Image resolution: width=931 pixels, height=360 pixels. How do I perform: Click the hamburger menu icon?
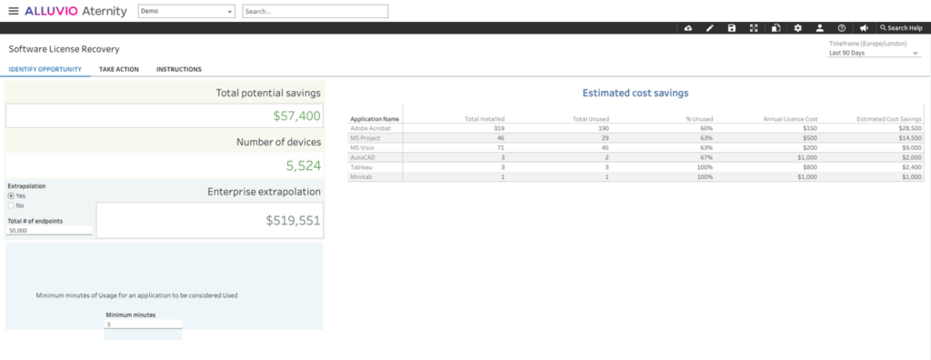tap(13, 11)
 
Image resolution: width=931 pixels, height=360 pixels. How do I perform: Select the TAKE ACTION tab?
tap(118, 69)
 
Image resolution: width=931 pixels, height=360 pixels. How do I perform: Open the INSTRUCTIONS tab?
tap(178, 69)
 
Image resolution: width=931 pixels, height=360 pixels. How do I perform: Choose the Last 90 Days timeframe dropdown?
tap(874, 53)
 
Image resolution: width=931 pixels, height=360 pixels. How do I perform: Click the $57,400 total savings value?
tap(296, 116)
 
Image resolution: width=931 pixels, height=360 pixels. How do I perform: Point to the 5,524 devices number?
tap(303, 166)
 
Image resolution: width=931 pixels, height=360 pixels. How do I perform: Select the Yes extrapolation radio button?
tap(11, 195)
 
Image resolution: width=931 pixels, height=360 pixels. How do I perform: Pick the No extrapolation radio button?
tap(11, 205)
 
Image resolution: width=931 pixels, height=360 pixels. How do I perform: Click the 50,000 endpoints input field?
tap(49, 231)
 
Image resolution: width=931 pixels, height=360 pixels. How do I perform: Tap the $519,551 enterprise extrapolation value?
tap(293, 221)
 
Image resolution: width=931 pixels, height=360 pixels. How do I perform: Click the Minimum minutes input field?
tap(143, 324)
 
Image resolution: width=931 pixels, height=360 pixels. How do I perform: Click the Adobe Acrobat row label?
tap(370, 128)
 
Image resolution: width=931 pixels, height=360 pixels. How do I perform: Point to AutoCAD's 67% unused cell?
tap(706, 157)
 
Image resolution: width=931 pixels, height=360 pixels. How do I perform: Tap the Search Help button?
tap(900, 28)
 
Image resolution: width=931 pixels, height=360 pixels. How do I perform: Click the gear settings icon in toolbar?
tap(797, 28)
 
